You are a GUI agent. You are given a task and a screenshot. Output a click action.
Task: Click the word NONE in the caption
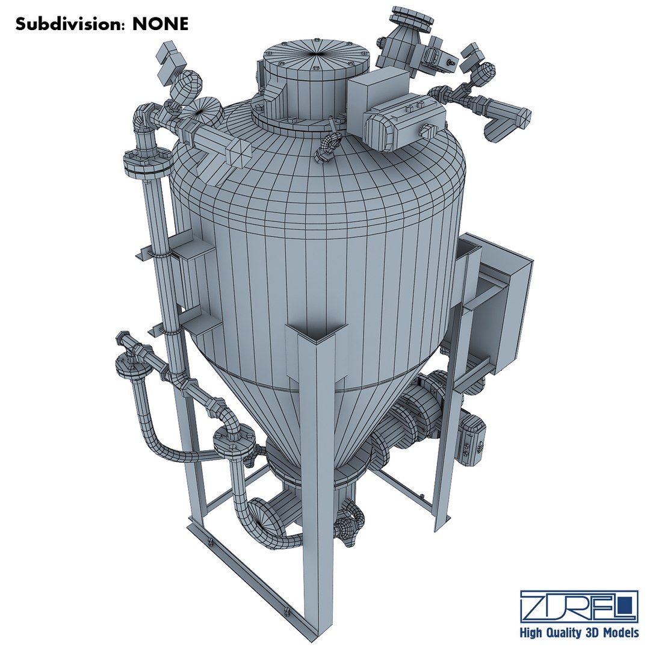[161, 24]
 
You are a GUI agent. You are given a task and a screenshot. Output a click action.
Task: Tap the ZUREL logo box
[579, 605]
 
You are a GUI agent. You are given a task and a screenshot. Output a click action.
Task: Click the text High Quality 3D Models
[579, 633]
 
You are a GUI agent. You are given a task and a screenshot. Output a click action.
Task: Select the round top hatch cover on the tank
[313, 54]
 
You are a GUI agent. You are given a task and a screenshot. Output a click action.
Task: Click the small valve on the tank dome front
[327, 147]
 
